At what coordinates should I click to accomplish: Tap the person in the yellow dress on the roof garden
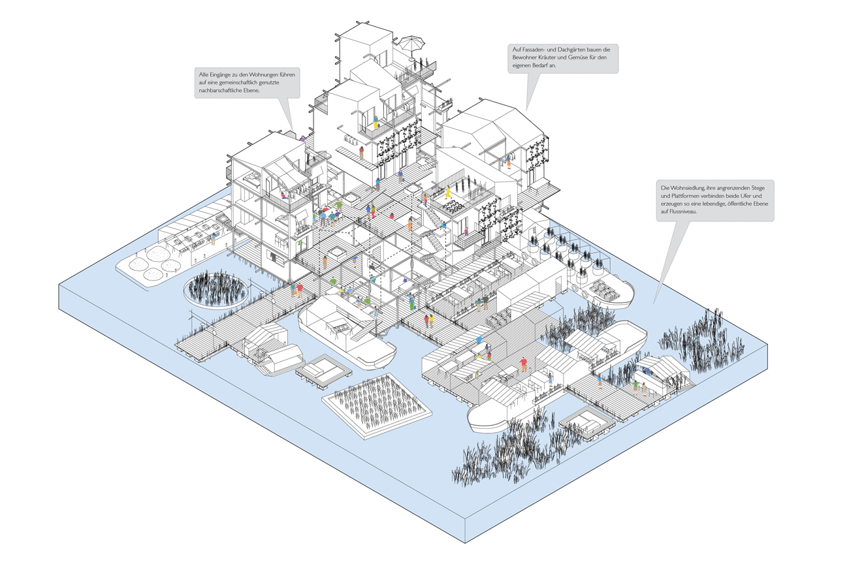click(448, 193)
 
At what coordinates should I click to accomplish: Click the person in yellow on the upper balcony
click(376, 121)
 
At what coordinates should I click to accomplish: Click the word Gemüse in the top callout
click(586, 57)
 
